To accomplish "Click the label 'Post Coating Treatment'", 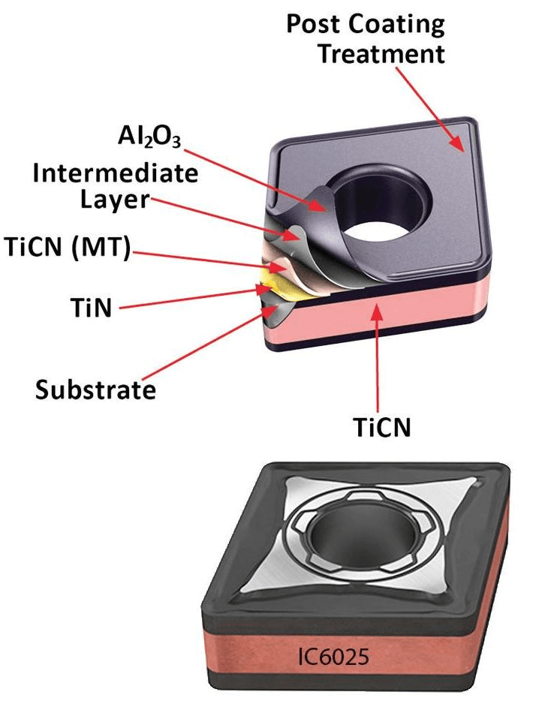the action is coord(366,38).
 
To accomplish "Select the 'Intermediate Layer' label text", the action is coord(116,186).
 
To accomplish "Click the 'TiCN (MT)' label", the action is coord(68,246).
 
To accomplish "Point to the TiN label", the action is coord(91,308).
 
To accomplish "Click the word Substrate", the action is coord(95,390).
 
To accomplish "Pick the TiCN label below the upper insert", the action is coord(382,427).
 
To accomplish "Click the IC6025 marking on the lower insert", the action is coord(333,656).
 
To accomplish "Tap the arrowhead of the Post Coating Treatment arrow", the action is coord(457,144).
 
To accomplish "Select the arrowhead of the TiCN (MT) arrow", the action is coord(278,267).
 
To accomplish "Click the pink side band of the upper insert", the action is coord(380,313).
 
